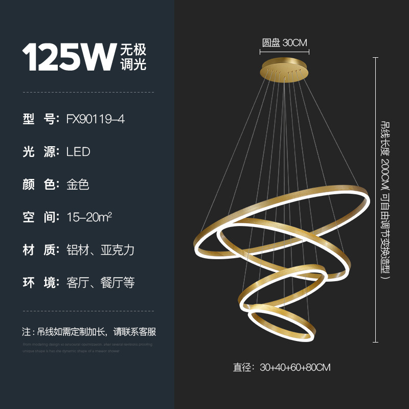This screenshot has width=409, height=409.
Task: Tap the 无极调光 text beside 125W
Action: [133, 57]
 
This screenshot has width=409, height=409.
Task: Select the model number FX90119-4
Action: [96, 119]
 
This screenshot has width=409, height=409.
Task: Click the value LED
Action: [78, 152]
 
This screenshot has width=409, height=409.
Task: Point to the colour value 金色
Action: [78, 185]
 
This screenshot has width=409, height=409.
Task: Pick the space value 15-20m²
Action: [89, 217]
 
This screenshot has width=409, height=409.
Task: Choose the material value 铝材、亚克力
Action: [100, 250]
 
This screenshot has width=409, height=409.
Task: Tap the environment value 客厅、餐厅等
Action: [100, 283]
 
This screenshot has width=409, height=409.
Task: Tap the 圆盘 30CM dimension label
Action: [285, 43]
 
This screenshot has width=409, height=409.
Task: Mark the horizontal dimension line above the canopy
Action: [285, 51]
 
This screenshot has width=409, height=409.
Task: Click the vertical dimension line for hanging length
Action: [376, 199]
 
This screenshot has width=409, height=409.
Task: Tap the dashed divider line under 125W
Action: [88, 92]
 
